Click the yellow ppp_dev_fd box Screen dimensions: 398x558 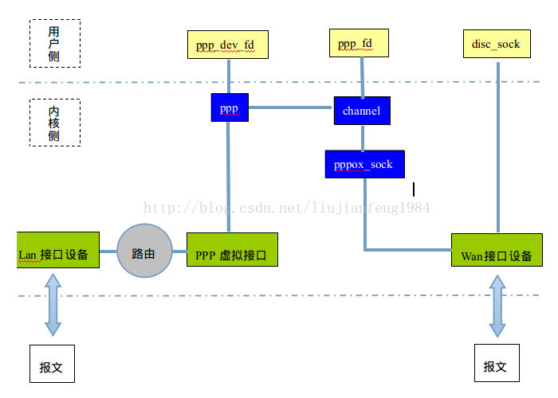(227, 45)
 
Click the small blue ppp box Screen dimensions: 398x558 (230, 107)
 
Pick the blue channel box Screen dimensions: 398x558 (362, 111)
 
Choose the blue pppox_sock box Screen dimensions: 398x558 (364, 164)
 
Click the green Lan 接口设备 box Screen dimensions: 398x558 (58, 249)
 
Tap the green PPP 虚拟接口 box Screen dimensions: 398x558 (232, 250)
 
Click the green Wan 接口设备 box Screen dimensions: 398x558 (497, 250)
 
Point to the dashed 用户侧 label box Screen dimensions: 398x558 (53, 44)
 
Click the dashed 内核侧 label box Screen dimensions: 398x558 (53, 122)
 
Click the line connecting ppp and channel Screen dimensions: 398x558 (291, 107)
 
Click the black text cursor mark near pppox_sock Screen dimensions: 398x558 (414, 189)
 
